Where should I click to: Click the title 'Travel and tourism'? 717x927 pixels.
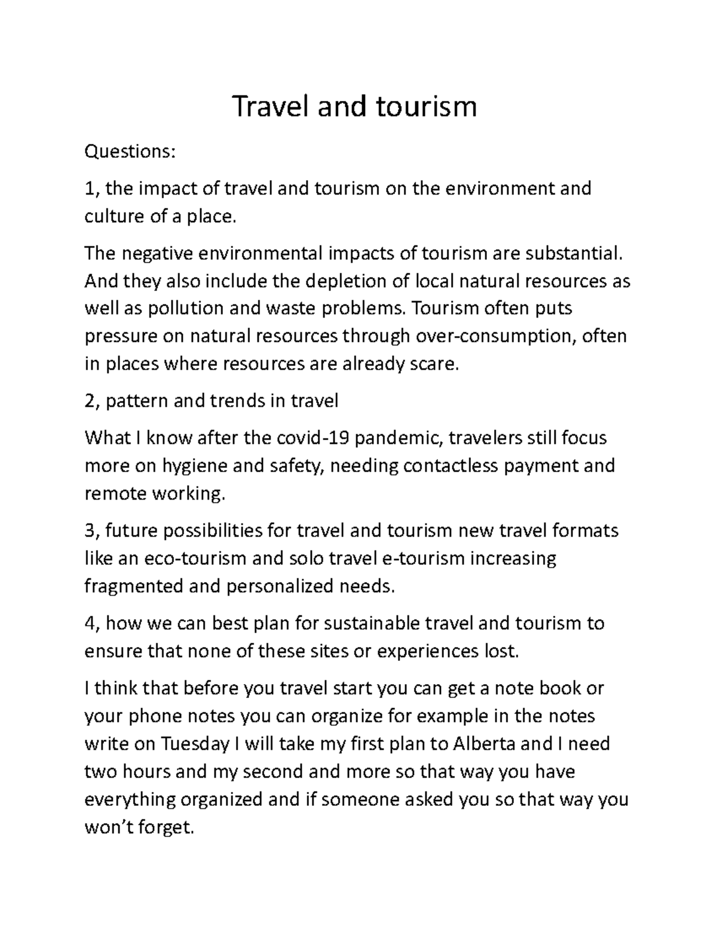click(x=354, y=107)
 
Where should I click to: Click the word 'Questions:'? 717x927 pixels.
click(x=130, y=152)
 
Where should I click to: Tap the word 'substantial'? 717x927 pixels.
click(x=573, y=253)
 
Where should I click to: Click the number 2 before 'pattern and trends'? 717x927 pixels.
click(x=90, y=401)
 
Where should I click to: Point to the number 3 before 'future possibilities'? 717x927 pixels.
click(x=90, y=531)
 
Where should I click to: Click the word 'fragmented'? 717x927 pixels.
click(x=133, y=586)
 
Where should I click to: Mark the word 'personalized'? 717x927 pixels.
click(x=280, y=586)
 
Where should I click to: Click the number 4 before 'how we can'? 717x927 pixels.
click(x=90, y=623)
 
